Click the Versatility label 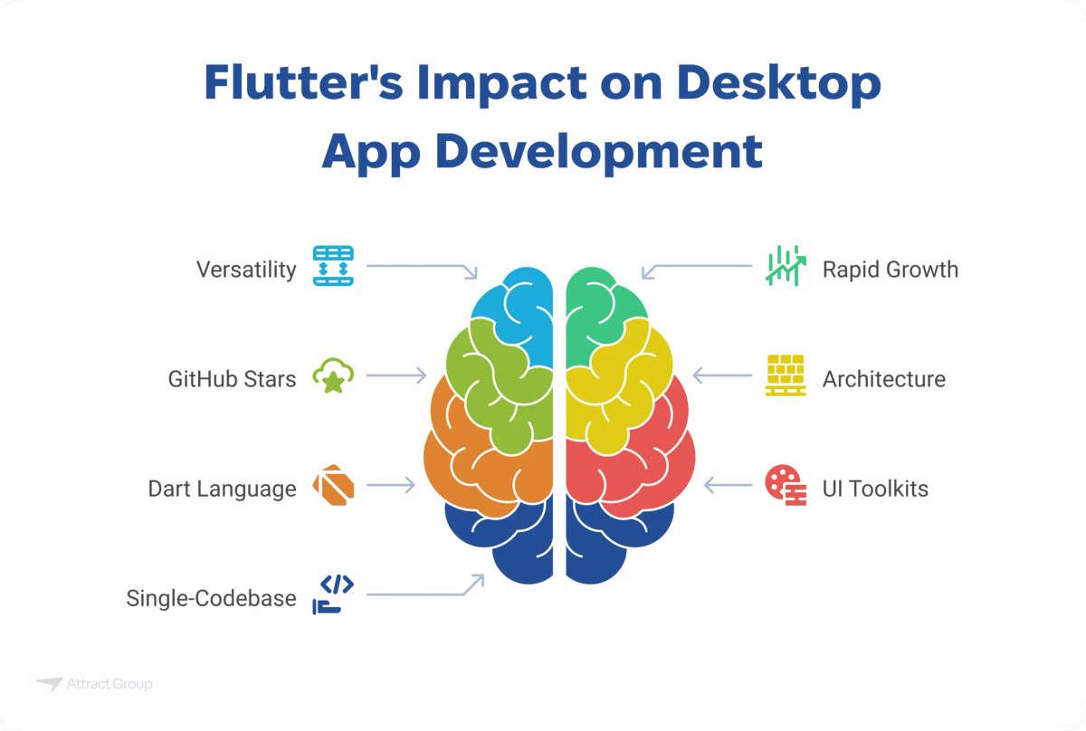(246, 270)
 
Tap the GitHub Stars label (232, 379)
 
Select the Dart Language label (222, 489)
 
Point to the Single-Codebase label (211, 598)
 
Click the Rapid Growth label (890, 270)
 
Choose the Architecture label (883, 379)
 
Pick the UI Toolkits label (875, 489)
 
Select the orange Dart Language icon (333, 486)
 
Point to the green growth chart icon (786, 266)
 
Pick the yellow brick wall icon (786, 375)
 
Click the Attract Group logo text (109, 685)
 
